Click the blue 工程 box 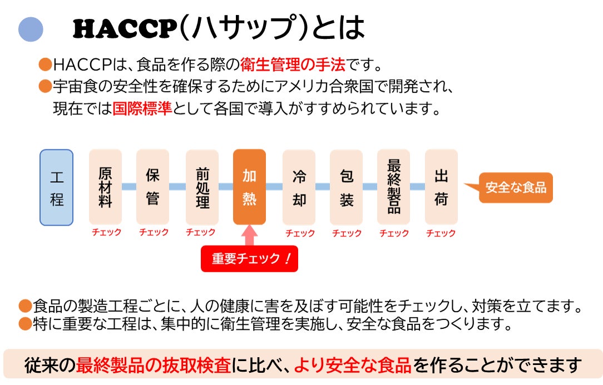click(x=56, y=187)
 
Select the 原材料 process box click(x=105, y=187)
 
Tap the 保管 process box click(x=152, y=187)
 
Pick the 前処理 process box click(x=202, y=187)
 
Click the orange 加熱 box click(x=249, y=187)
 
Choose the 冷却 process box click(x=299, y=187)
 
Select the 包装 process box click(x=346, y=187)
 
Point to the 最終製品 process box click(x=393, y=187)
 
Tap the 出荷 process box click(x=441, y=187)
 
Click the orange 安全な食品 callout click(x=515, y=187)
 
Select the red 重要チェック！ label click(x=249, y=259)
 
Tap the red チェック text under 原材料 click(x=106, y=233)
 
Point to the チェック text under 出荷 click(x=441, y=233)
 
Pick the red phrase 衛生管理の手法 click(x=293, y=64)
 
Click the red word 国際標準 click(x=142, y=108)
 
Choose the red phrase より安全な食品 click(x=352, y=366)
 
